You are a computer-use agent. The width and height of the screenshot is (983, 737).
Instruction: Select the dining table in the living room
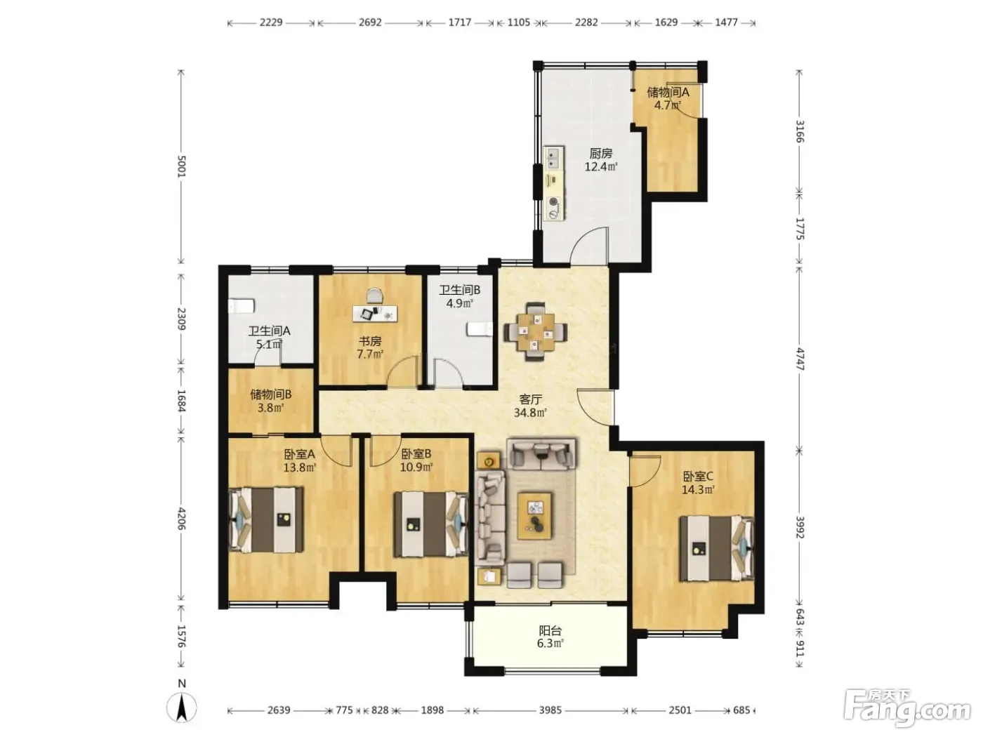(x=536, y=331)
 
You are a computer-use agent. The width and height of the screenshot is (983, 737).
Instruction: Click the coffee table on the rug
(x=534, y=515)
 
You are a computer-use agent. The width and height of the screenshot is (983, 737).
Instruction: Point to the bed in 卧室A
(x=266, y=519)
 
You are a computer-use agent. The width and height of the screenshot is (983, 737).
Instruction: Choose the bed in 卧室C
(x=717, y=547)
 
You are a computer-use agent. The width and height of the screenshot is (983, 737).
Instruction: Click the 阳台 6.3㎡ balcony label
(x=550, y=637)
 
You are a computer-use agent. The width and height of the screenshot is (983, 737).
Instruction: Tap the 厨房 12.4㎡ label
(x=600, y=160)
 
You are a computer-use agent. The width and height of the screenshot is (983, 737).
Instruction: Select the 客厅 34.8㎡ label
(x=530, y=406)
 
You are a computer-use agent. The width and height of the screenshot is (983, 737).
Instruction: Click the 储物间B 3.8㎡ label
(x=270, y=401)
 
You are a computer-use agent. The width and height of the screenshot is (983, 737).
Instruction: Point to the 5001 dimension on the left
(x=181, y=166)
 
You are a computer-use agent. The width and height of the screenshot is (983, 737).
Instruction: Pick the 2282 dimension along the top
(x=586, y=22)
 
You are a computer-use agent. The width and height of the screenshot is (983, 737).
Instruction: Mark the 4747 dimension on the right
(x=800, y=359)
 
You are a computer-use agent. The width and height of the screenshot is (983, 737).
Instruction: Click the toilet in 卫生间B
(x=479, y=329)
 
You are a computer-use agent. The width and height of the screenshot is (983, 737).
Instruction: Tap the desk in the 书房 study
(x=375, y=313)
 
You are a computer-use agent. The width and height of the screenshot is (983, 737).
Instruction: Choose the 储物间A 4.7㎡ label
(x=668, y=98)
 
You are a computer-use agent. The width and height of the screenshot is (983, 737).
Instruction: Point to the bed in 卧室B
(x=431, y=524)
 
